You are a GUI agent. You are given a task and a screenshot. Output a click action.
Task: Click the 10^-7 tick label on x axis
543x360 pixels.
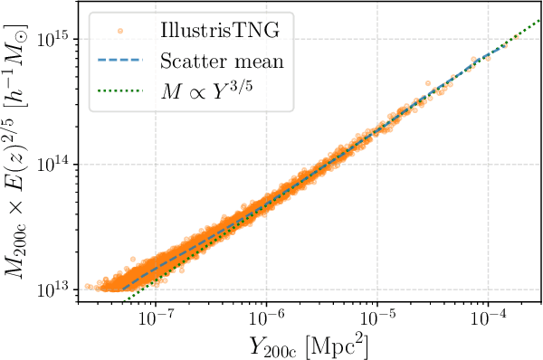(155, 319)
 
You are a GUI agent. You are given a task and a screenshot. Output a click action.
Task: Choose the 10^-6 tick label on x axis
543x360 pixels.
(266, 319)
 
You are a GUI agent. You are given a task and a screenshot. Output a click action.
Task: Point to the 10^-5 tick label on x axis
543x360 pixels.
(377, 319)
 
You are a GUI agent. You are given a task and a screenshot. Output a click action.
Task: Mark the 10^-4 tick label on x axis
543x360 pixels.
(489, 319)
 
